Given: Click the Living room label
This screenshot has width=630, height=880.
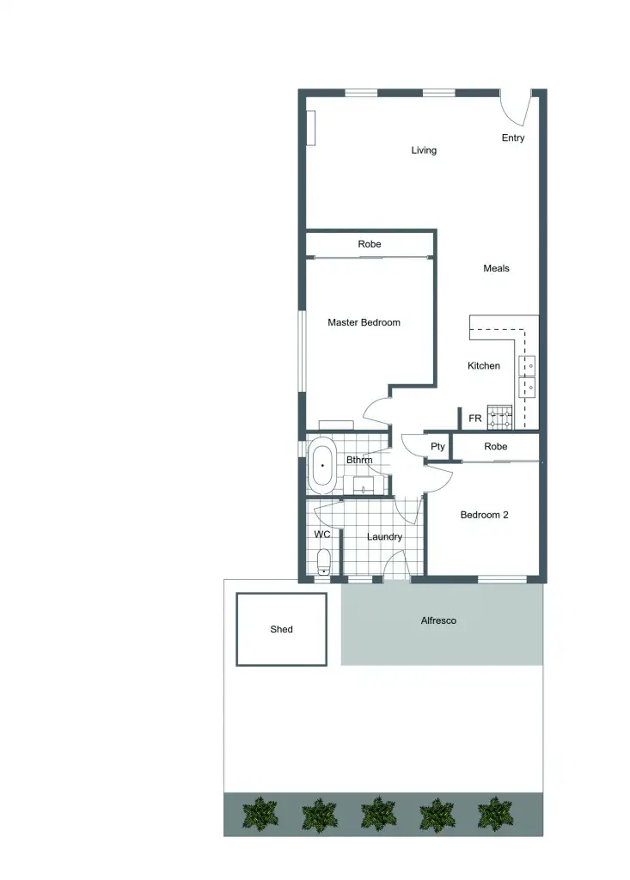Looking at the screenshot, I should tap(424, 150).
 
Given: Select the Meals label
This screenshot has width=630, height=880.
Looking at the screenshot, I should tap(496, 268).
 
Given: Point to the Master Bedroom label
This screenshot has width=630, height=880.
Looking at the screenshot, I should tap(364, 323).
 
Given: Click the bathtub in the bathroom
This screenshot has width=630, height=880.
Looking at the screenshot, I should tap(323, 465).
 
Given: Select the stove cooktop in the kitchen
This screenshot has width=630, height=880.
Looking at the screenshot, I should tap(500, 418).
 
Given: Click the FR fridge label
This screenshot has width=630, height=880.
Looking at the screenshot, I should tap(474, 419).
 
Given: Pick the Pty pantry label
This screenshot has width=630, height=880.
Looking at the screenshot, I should tap(438, 447).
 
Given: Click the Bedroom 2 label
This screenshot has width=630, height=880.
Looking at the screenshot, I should tap(485, 516).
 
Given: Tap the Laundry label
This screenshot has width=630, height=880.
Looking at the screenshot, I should tap(384, 537).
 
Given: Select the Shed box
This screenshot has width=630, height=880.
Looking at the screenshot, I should tap(281, 629).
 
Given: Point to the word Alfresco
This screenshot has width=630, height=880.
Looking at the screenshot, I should tap(438, 620).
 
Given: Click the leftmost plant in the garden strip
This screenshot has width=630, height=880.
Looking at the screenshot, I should tap(260, 813).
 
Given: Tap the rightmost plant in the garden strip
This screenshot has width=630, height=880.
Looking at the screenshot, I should tap(495, 813).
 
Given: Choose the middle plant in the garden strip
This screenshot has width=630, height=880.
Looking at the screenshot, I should tap(378, 813).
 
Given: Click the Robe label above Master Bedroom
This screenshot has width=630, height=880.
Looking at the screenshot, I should tap(370, 245).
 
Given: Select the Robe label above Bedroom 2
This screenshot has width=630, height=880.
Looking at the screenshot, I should tap(496, 447).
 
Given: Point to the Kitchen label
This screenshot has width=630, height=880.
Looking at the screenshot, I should tap(484, 366).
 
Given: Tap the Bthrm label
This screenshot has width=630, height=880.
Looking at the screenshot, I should tap(359, 460).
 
